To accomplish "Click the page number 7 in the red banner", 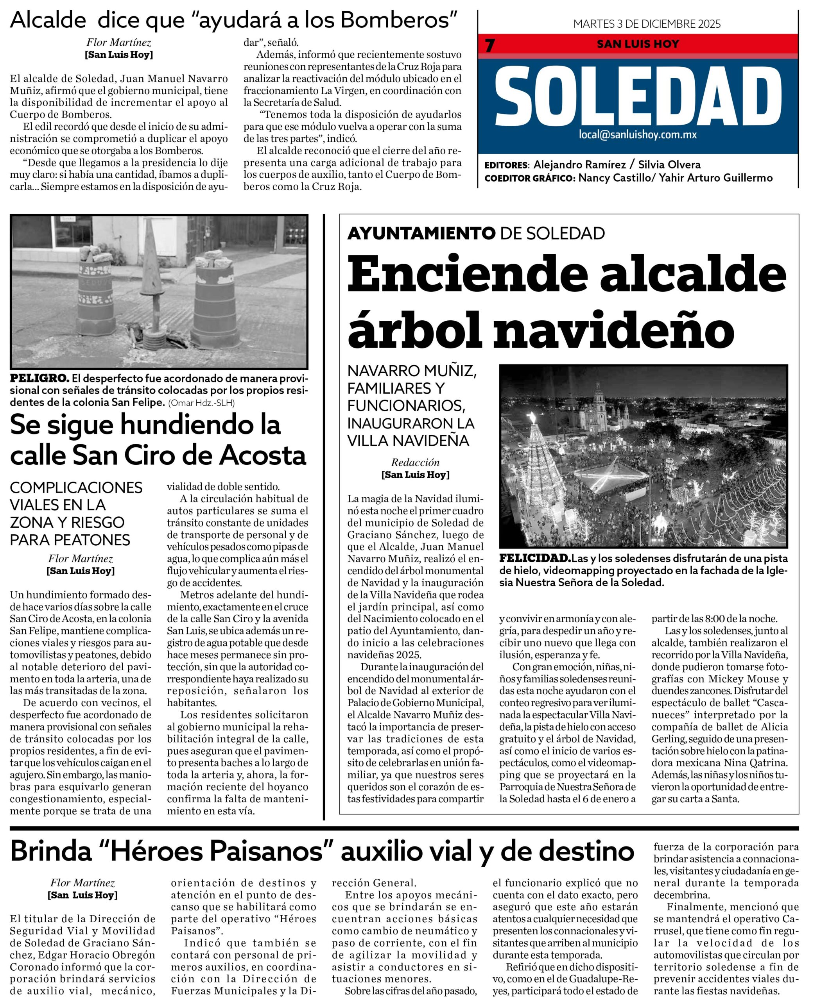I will (489, 45).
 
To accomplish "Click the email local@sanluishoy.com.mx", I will (638, 135).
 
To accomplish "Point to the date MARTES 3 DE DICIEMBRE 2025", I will (647, 24).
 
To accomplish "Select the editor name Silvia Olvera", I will (669, 165).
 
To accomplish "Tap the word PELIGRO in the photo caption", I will (39, 378).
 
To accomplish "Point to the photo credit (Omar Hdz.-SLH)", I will (201, 403).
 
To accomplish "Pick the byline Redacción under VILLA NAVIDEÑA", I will (415, 462).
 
